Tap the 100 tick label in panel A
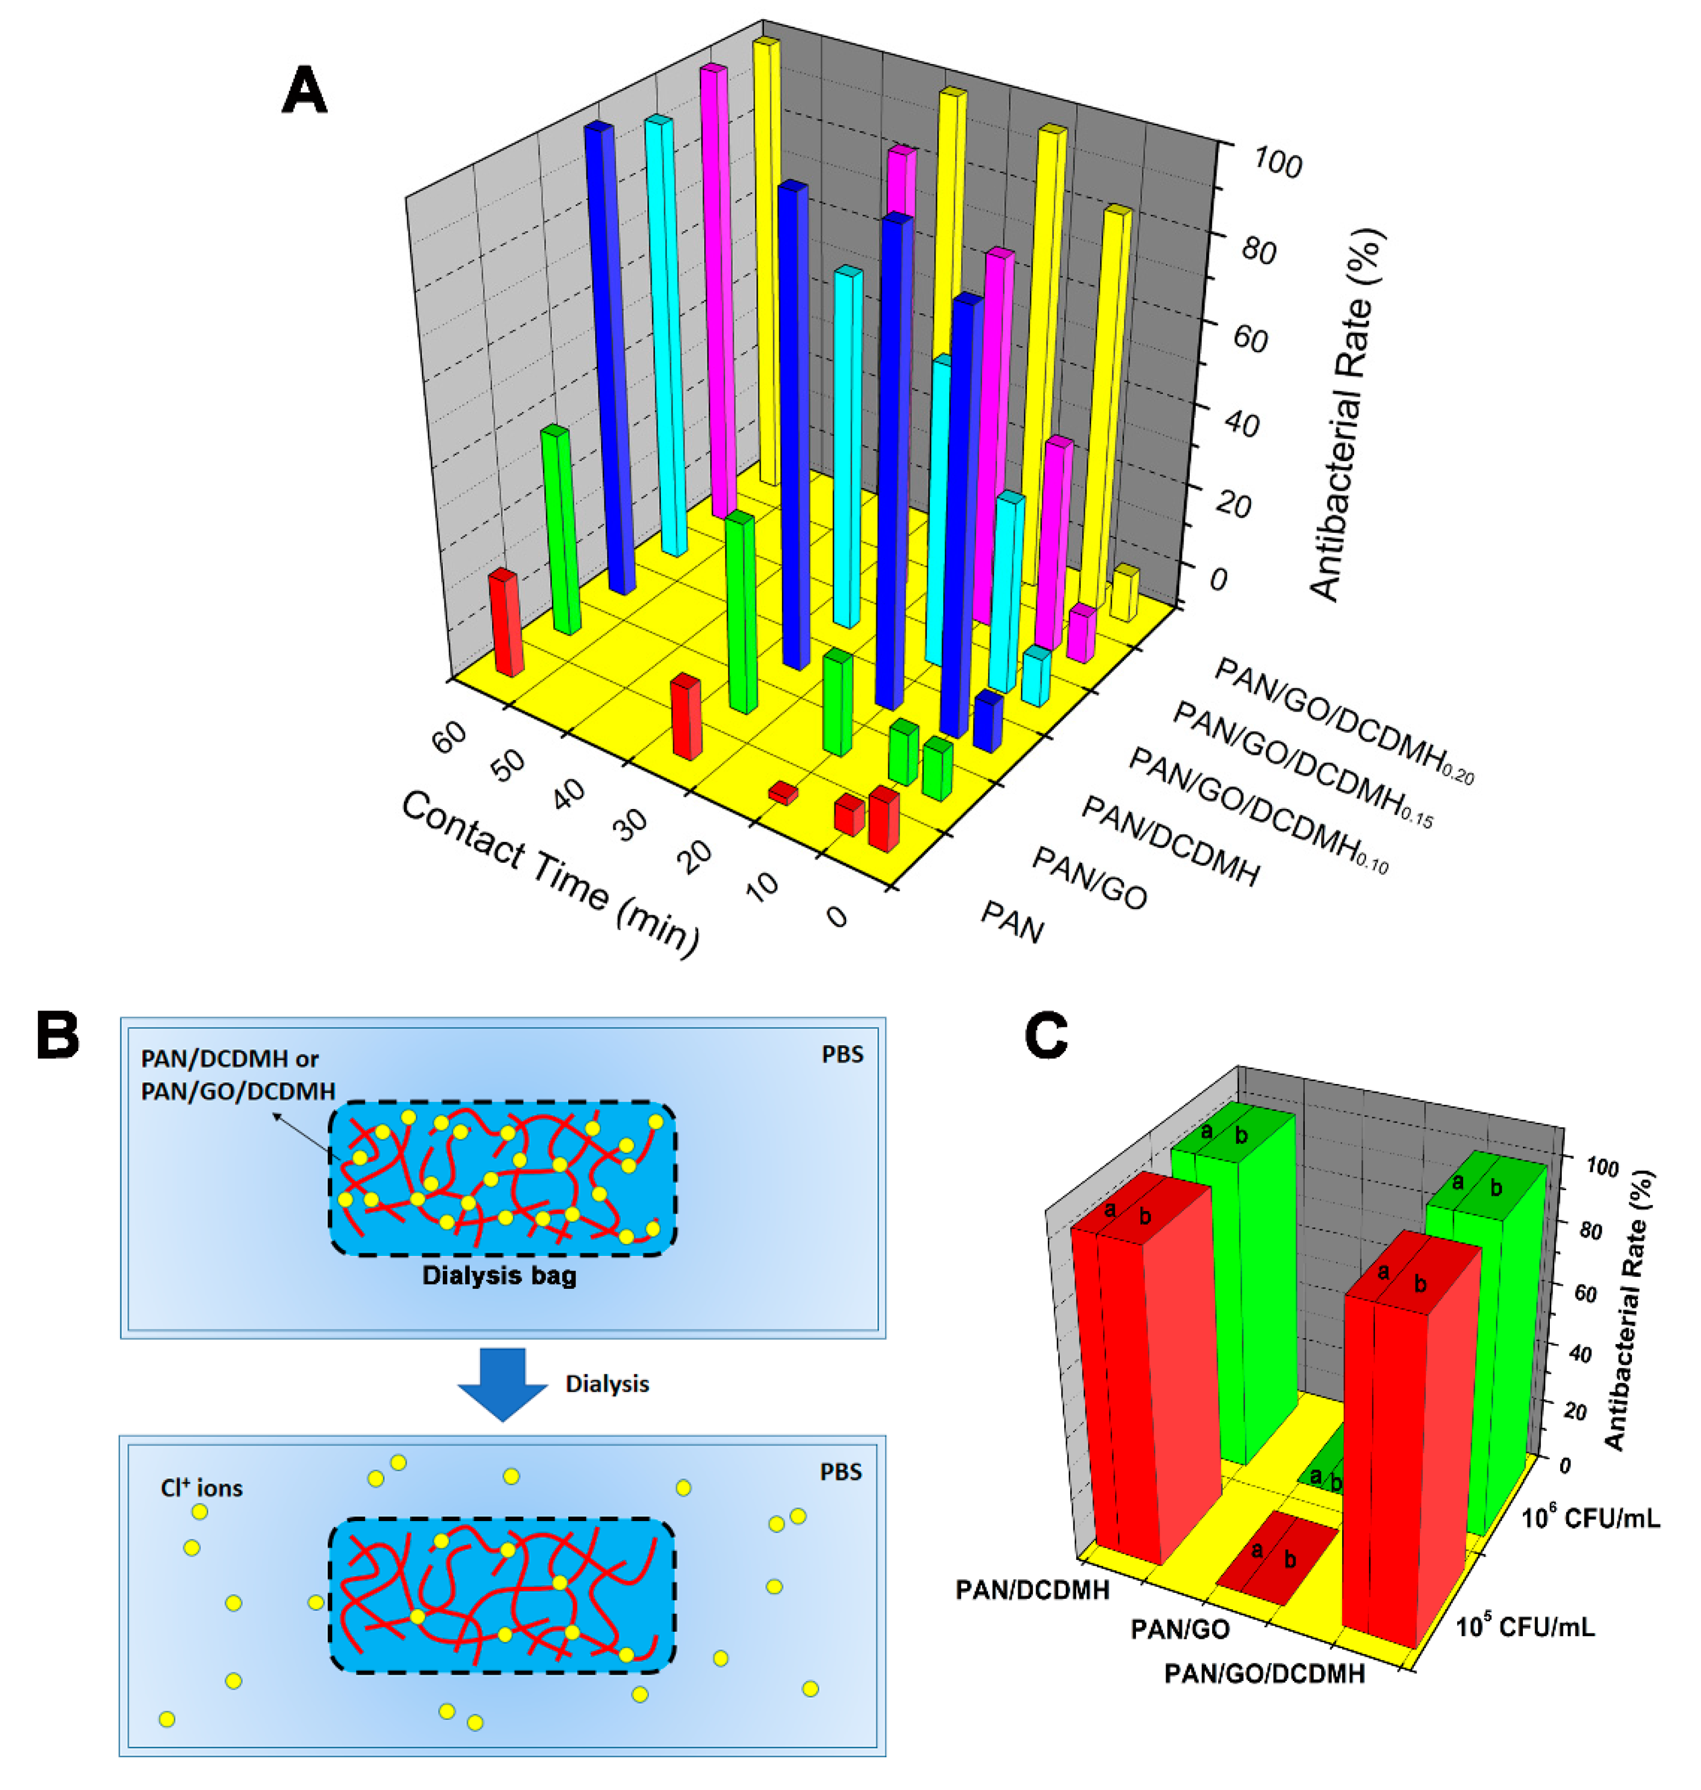1277,163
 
